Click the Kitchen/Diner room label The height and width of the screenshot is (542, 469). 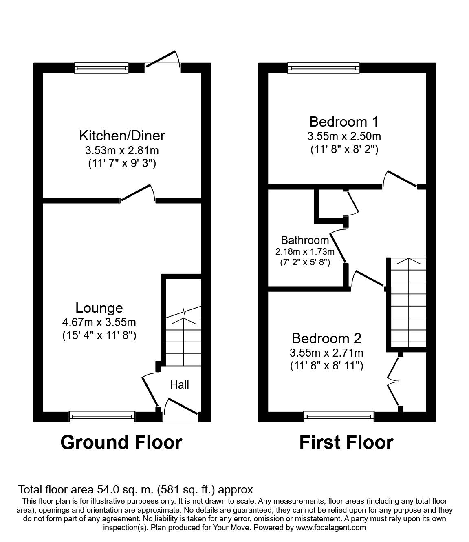point(122,135)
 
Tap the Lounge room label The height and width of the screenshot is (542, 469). point(99,308)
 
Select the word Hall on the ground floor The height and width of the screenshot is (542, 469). point(179,384)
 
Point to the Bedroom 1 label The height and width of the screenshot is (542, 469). point(344,122)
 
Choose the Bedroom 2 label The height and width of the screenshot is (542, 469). point(326,338)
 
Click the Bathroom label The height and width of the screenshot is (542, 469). point(305,240)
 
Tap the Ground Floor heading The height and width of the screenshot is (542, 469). point(121,442)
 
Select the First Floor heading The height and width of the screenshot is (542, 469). point(346,442)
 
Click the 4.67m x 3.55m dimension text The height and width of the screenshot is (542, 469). point(99,322)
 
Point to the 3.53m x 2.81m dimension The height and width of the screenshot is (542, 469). point(122,150)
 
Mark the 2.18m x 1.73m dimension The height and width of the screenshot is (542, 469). point(305,251)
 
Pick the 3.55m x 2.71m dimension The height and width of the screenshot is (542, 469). point(326,352)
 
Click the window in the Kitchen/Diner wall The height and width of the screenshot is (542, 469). point(101,68)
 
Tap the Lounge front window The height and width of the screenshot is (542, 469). point(102,416)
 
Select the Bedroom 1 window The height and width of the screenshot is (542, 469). point(324,68)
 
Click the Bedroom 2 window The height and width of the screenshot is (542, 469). point(339,416)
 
